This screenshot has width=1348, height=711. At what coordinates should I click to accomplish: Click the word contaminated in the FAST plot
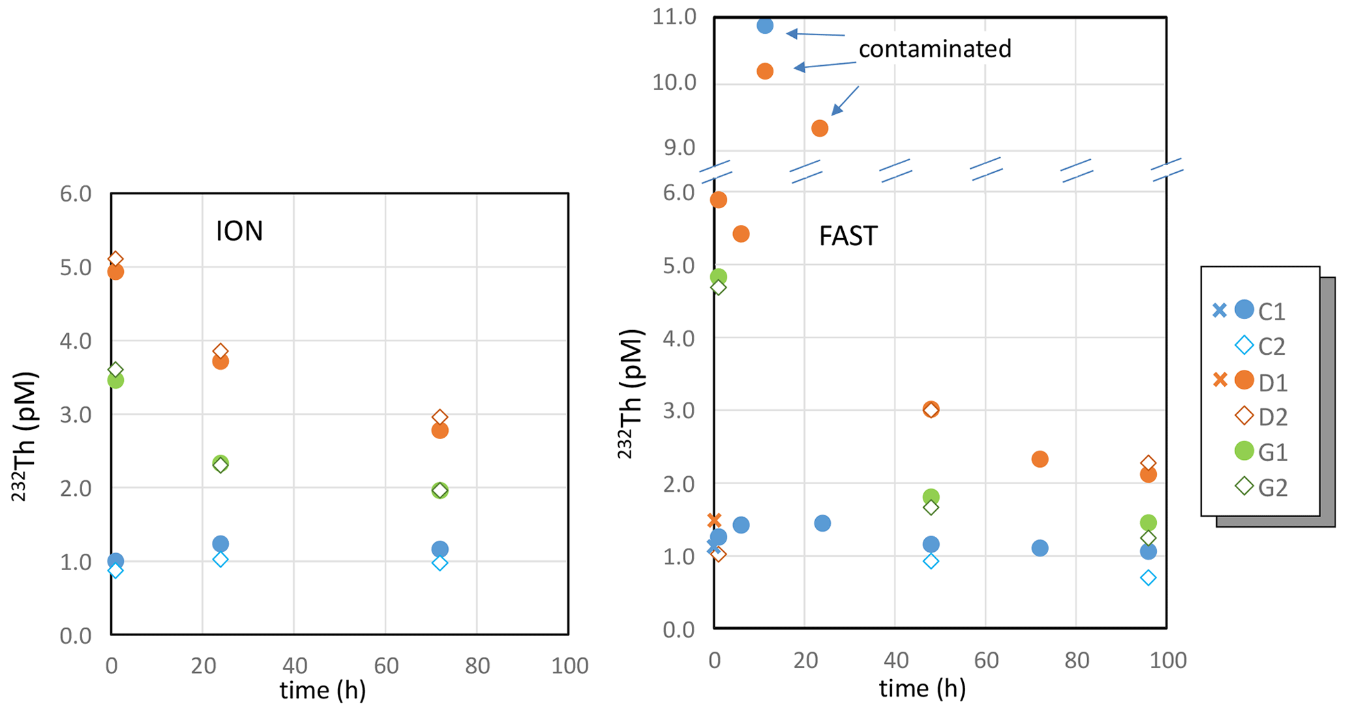[x=935, y=49]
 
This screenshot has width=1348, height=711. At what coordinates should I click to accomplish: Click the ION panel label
[x=239, y=232]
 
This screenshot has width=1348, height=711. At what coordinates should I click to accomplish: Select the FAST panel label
[x=848, y=236]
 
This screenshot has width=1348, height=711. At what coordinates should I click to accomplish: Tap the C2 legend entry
[x=1271, y=346]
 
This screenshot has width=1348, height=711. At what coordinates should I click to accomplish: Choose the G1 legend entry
[x=1272, y=452]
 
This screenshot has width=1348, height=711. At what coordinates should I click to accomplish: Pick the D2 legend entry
[x=1272, y=417]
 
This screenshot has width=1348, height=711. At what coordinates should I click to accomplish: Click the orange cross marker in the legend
[x=1220, y=380]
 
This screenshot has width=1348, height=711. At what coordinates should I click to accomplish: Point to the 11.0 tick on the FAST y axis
[x=674, y=18]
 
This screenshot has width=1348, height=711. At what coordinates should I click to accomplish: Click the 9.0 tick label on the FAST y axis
[x=680, y=148]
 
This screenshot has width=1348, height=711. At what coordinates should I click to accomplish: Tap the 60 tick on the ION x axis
[x=385, y=665]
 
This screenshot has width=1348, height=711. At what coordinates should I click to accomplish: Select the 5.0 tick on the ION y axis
[x=76, y=267]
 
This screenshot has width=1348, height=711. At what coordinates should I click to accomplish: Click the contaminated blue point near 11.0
[x=765, y=25]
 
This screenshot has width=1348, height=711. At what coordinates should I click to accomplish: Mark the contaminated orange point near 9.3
[x=820, y=129]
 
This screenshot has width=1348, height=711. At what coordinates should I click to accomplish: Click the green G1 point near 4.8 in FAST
[x=718, y=277]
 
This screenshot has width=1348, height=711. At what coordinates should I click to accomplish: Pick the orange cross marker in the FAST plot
[x=714, y=521]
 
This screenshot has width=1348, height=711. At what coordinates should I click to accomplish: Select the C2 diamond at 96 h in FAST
[x=1148, y=577]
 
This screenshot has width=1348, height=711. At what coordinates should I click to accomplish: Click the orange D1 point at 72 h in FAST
[x=1040, y=459]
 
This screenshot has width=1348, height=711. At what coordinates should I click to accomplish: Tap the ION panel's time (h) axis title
[x=322, y=690]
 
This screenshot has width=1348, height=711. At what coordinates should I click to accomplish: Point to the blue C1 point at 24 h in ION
[x=220, y=543]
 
